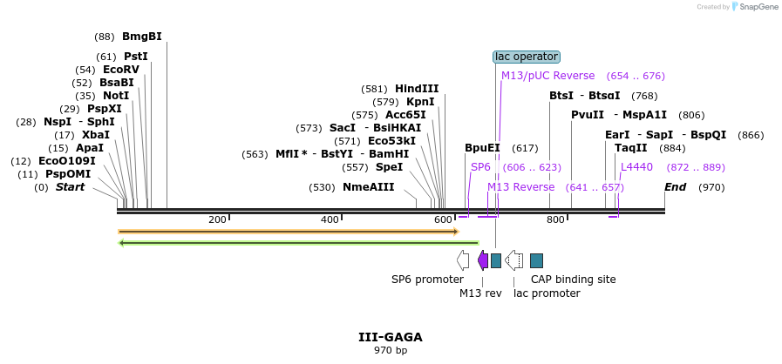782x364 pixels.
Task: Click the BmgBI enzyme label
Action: click(141, 37)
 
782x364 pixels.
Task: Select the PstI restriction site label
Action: click(135, 57)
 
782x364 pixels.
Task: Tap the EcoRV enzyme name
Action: click(120, 70)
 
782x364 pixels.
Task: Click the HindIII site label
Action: click(417, 89)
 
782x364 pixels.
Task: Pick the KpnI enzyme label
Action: click(420, 102)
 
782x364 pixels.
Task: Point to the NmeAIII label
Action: click(368, 187)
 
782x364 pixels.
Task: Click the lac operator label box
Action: click(526, 57)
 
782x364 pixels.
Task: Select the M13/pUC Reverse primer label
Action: click(547, 76)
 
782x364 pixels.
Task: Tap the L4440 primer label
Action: click(636, 167)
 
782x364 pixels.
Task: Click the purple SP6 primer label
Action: click(480, 167)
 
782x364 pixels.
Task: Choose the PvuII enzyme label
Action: click(587, 115)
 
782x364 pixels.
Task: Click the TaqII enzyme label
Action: click(631, 148)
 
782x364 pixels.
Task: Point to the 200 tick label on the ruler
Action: click(217, 219)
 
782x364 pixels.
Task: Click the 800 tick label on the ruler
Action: click(555, 219)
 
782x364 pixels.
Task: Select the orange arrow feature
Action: click(288, 232)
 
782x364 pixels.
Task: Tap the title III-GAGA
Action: click(390, 337)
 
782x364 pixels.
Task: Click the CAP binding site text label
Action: click(573, 280)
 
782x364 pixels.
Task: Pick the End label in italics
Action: click(675, 187)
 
